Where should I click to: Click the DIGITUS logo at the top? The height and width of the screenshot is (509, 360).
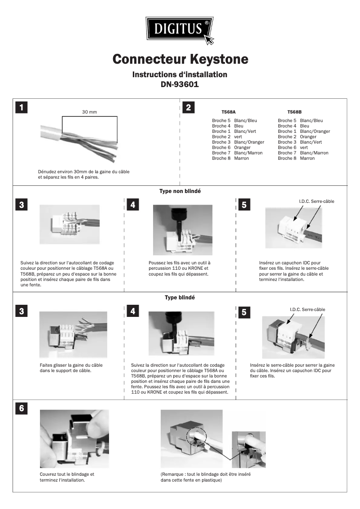point(180,30)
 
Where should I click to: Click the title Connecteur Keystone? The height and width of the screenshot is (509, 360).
point(180,59)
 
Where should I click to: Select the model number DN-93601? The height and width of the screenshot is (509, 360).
point(180,84)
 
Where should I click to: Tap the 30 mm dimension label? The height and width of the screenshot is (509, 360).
point(89,112)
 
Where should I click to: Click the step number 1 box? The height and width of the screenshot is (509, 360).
point(21,108)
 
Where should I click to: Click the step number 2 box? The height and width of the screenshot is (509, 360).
point(189,108)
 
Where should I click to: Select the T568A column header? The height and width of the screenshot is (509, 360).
point(228,112)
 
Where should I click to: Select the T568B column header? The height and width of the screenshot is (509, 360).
point(294,112)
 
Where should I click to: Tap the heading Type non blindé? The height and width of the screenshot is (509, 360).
point(180,191)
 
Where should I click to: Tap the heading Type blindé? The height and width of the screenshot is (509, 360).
point(180,297)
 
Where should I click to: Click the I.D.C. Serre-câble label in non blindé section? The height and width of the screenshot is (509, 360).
point(316,201)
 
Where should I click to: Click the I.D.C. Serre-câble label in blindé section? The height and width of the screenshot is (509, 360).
point(307,309)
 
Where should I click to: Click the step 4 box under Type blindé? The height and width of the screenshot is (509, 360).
point(133,311)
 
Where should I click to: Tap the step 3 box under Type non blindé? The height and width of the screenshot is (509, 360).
point(21,205)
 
